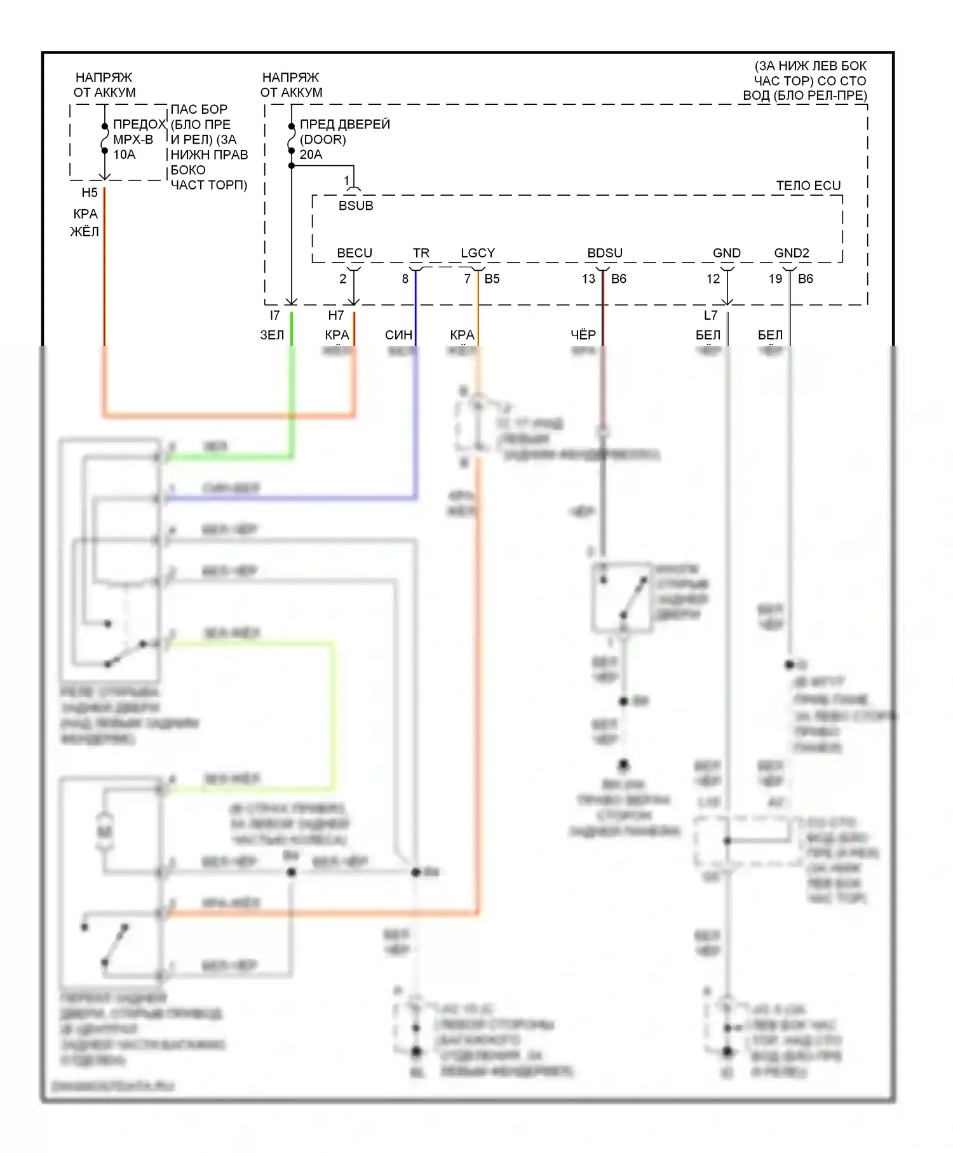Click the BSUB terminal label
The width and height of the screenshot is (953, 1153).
tap(356, 205)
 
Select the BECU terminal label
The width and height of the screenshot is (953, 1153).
tap(355, 253)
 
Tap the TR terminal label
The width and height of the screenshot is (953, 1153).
tap(421, 253)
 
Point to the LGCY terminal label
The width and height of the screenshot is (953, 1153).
tap(478, 253)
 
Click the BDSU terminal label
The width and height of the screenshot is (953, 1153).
tap(605, 253)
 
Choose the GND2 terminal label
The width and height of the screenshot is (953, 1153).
tap(792, 253)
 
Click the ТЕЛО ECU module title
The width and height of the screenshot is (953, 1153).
tap(808, 186)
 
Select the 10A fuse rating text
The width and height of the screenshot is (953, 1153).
tap(125, 154)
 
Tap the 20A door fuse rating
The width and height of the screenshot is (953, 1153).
tap(311, 154)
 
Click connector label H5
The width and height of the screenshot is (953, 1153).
tap(90, 193)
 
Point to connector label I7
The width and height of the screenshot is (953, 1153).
tap(274, 315)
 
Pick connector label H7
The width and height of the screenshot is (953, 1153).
tap(336, 315)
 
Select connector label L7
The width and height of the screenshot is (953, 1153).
tap(710, 315)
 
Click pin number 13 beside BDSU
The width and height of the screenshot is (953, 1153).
tap(588, 278)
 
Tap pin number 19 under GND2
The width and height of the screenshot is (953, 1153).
tap(775, 278)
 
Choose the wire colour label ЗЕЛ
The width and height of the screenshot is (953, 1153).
tap(272, 335)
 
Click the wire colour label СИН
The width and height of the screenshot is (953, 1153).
tap(399, 335)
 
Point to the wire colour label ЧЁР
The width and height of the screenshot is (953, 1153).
tap(583, 335)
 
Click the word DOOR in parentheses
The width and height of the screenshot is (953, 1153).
tap(323, 139)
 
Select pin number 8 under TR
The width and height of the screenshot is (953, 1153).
tap(405, 278)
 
